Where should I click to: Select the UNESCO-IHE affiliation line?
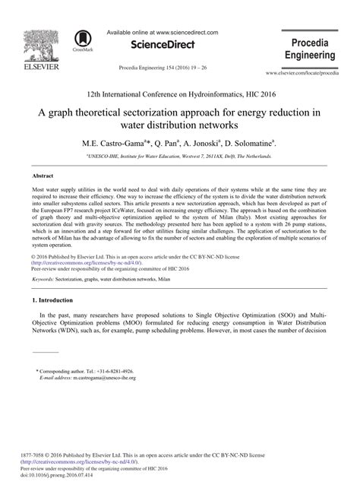179,155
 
